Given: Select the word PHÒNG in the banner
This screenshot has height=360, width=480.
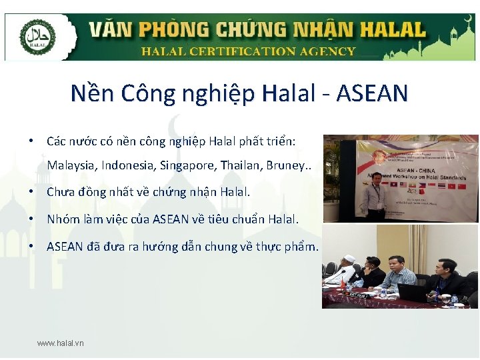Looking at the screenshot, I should (x=170, y=30).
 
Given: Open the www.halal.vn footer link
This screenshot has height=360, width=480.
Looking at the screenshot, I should (x=61, y=343).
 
